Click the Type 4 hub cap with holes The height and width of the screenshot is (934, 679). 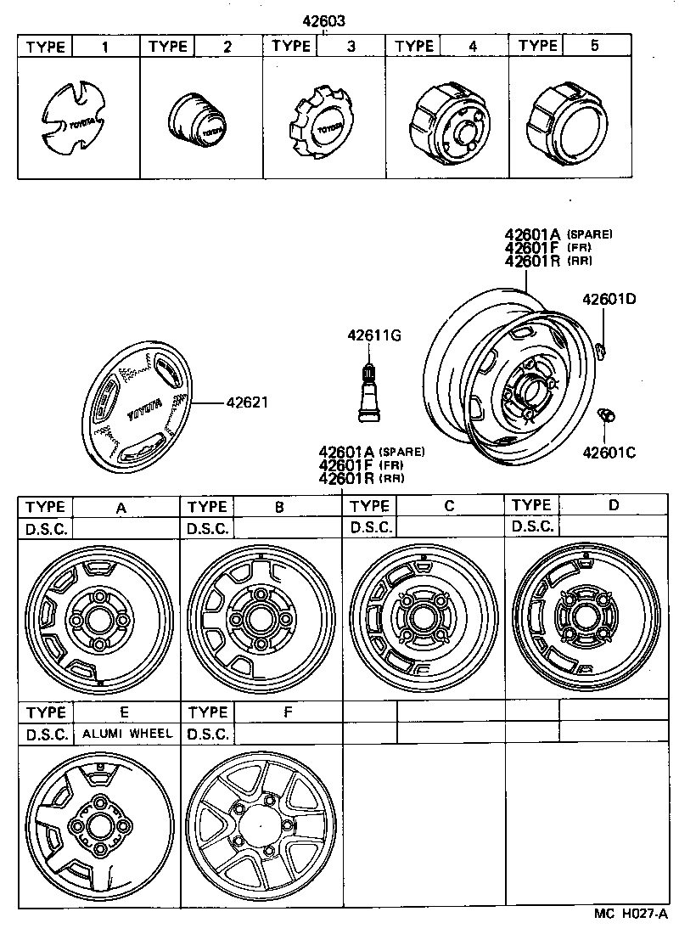click(x=447, y=123)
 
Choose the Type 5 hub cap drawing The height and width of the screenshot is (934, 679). click(x=568, y=123)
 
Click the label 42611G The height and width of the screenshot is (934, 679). click(x=373, y=335)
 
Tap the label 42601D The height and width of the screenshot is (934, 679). click(x=609, y=299)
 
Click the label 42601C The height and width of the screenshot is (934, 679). click(x=609, y=451)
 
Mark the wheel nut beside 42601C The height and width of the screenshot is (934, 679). click(x=607, y=416)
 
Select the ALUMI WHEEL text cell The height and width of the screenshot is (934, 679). click(x=126, y=734)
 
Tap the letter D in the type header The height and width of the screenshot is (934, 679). click(x=613, y=504)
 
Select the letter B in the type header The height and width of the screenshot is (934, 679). click(x=279, y=507)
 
